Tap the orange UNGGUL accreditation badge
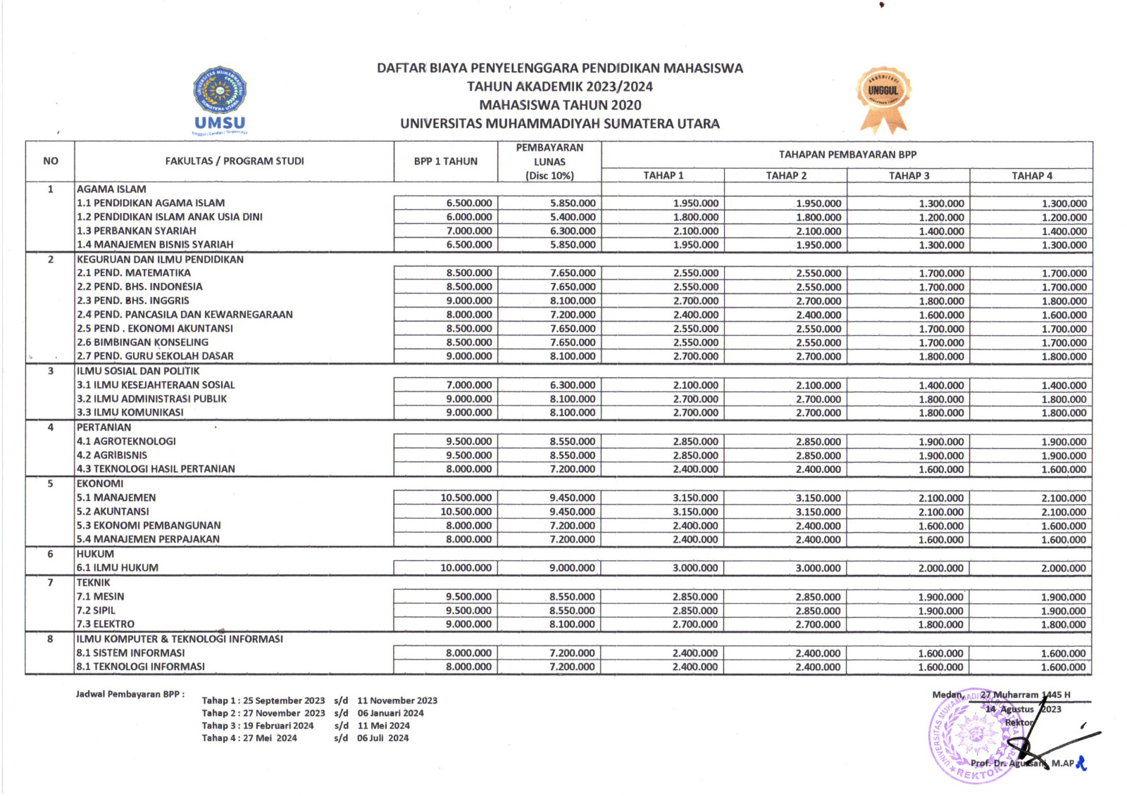click(x=883, y=99)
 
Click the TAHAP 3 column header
click(x=909, y=175)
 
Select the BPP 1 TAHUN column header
click(x=445, y=161)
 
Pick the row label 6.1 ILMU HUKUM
click(x=118, y=568)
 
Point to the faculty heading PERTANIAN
click(x=104, y=427)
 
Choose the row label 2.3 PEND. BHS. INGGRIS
click(x=133, y=301)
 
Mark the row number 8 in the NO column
click(x=50, y=639)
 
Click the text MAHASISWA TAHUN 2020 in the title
click(x=560, y=105)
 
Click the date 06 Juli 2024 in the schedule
click(x=382, y=738)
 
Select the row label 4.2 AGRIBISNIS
click(x=112, y=455)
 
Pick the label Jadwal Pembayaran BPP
click(x=130, y=694)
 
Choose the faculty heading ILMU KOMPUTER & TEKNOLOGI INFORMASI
click(x=180, y=639)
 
